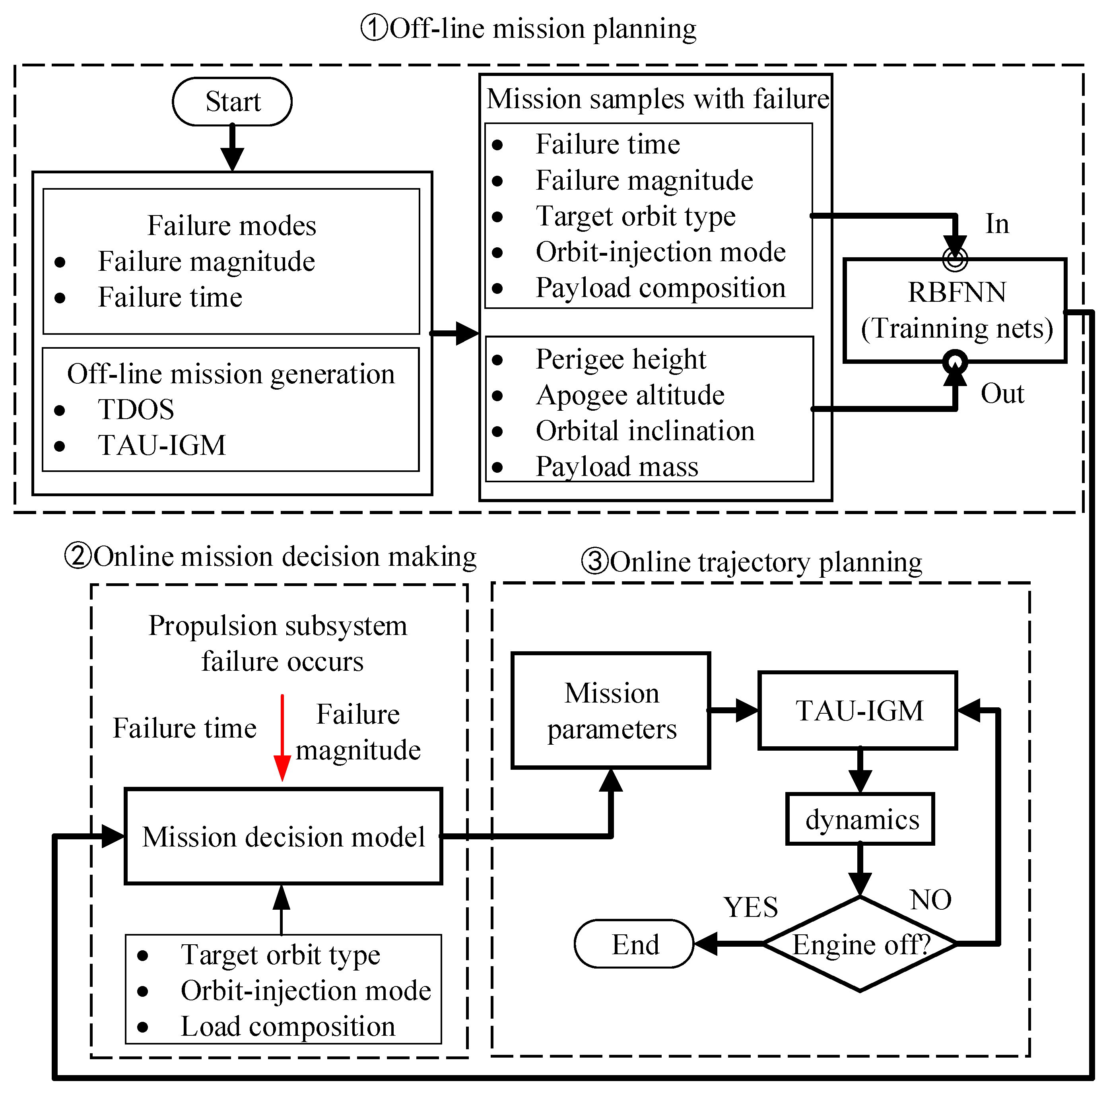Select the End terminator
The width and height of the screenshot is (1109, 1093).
[x=634, y=944]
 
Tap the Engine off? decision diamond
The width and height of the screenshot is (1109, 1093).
[x=860, y=944]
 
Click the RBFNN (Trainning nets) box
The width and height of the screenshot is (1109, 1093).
[x=955, y=310]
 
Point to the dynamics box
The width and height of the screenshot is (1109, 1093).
[x=860, y=819]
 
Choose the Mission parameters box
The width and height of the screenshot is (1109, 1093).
[x=611, y=711]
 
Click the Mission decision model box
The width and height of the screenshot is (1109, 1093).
[x=283, y=837]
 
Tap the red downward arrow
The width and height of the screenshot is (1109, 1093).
[x=282, y=738]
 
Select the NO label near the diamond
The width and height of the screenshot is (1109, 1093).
[x=930, y=899]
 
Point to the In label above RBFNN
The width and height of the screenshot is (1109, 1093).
[x=997, y=224]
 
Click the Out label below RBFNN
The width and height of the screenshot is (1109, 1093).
[x=1002, y=394]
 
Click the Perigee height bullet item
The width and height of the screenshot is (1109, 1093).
[x=620, y=359]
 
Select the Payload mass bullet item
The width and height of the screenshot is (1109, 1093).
[x=616, y=467]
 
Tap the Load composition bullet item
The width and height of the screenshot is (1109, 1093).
[x=287, y=1027]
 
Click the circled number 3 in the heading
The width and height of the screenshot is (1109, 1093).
[x=595, y=561]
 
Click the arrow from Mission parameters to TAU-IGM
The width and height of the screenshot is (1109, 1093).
[x=734, y=711]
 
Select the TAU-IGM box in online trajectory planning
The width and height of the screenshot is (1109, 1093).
[x=858, y=711]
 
